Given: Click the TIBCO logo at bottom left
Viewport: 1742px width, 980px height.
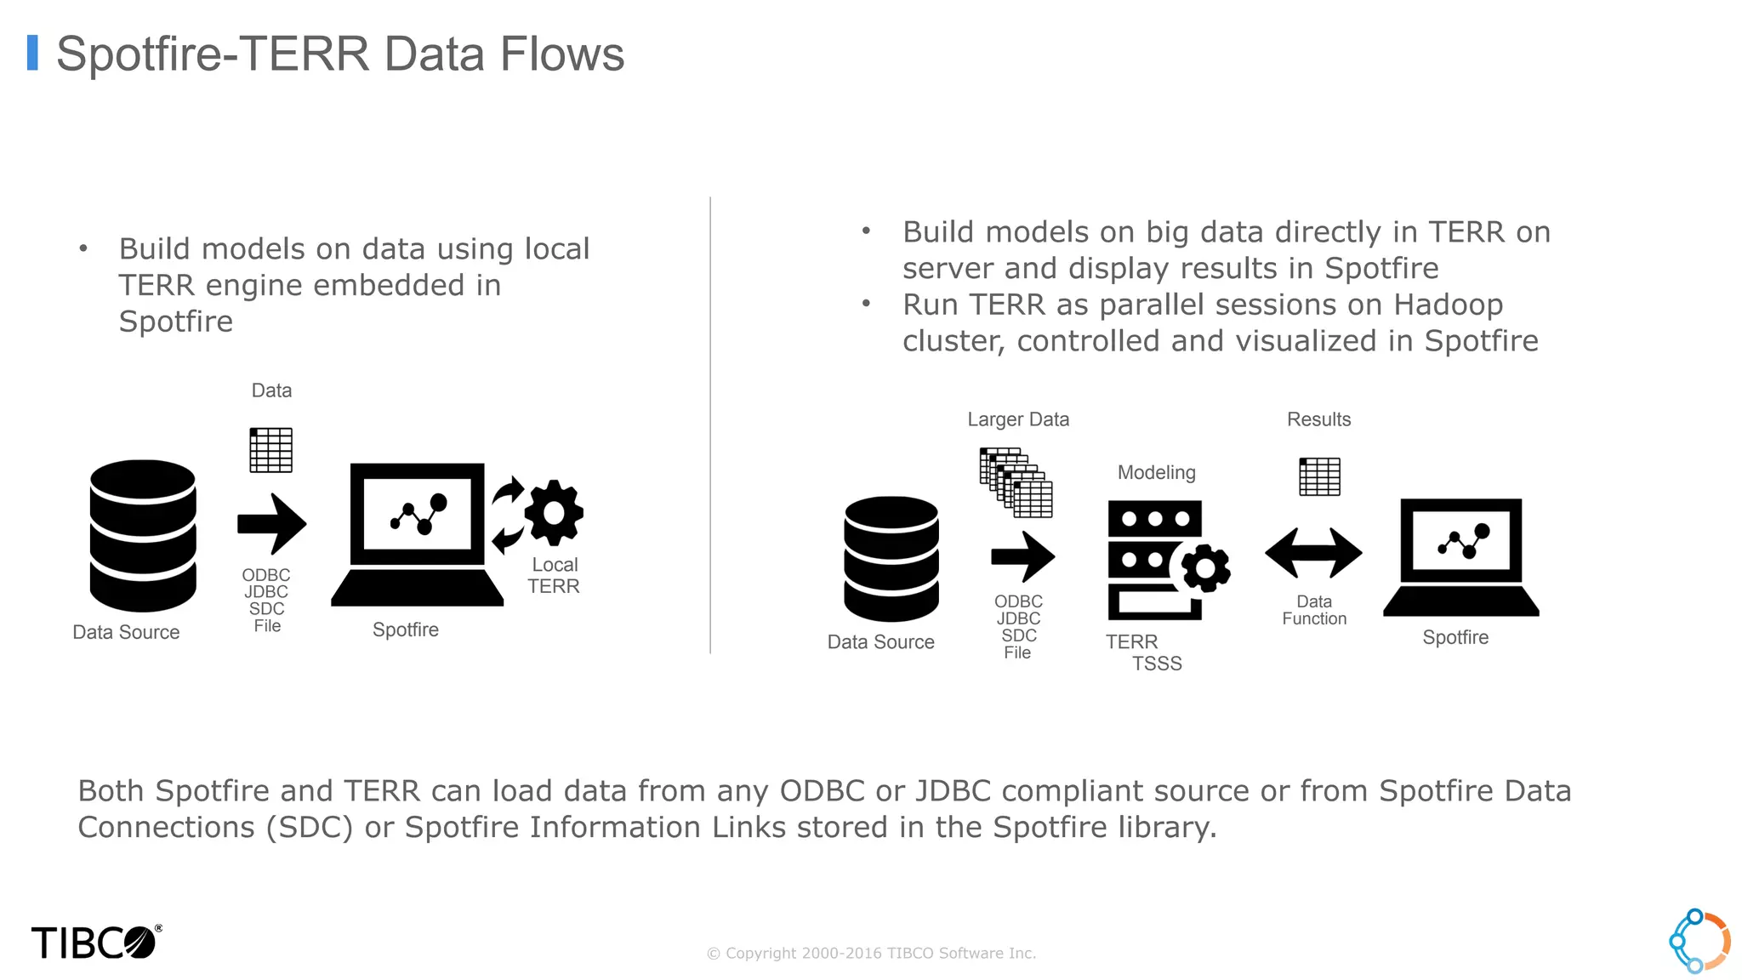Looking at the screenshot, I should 95,943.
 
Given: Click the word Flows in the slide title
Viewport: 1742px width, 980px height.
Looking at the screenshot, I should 561,54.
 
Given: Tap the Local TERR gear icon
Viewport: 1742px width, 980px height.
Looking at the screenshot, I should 554,513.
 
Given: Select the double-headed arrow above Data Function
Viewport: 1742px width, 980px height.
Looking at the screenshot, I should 1313,553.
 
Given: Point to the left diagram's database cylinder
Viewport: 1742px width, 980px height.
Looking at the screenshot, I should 143,535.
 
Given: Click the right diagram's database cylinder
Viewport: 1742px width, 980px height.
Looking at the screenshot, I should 891,559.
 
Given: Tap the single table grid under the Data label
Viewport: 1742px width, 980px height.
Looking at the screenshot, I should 270,450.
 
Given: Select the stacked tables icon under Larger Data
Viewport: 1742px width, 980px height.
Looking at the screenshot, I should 1016,482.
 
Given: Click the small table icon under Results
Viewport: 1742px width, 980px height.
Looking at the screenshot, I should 1319,476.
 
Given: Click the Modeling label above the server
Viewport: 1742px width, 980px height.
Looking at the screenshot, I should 1156,473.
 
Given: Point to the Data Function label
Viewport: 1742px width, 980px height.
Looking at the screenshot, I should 1314,610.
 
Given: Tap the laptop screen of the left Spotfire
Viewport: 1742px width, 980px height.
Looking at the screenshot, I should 417,514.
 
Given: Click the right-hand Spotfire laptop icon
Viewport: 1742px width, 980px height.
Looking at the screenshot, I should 1460,557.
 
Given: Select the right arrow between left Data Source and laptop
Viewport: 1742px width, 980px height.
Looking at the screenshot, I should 271,523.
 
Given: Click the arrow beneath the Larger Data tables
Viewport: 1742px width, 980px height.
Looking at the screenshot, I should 1023,557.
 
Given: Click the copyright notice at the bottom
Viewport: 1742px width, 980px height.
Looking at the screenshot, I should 871,954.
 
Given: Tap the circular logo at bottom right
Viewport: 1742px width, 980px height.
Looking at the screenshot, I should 1699,941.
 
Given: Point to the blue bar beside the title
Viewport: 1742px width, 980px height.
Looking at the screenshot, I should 32,53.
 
